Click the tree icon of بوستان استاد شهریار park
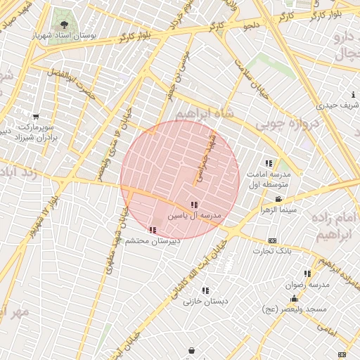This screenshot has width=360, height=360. point(65,25)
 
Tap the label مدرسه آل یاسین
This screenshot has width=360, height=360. point(194,214)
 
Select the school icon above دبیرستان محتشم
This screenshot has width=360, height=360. point(153,230)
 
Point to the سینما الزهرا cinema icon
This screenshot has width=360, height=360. point(278,200)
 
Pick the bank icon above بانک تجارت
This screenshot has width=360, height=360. point(272,241)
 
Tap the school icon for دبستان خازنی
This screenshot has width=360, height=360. point(205,290)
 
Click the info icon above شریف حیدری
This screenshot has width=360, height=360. point(352,95)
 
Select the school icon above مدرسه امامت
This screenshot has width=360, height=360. point(269,164)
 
